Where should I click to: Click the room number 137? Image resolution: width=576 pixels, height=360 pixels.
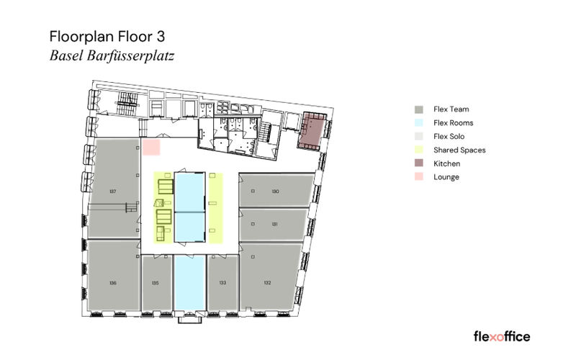click(x=113, y=192)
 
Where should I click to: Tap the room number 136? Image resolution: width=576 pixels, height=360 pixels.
click(x=113, y=283)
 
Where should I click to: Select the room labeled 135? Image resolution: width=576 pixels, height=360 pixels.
click(x=156, y=283)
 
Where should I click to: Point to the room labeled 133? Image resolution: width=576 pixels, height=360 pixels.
click(x=222, y=283)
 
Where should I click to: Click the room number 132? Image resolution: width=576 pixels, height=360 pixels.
click(x=267, y=283)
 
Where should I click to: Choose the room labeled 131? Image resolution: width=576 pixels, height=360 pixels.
click(x=275, y=224)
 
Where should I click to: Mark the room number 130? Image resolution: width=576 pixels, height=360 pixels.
click(x=275, y=192)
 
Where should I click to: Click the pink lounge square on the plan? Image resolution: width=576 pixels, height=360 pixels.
click(x=150, y=147)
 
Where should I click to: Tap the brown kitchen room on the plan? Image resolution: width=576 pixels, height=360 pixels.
click(x=313, y=130)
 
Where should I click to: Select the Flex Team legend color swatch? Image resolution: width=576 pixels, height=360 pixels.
click(x=418, y=109)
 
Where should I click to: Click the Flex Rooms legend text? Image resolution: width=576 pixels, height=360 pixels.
click(x=452, y=123)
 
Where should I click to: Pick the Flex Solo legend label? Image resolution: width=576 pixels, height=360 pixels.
click(x=449, y=137)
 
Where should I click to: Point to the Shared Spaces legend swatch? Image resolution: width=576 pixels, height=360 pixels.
click(x=418, y=150)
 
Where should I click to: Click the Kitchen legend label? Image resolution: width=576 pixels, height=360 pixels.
click(x=446, y=163)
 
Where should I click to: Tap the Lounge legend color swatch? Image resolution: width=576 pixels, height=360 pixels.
click(x=418, y=177)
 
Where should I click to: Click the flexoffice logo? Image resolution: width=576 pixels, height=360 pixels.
click(x=501, y=336)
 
